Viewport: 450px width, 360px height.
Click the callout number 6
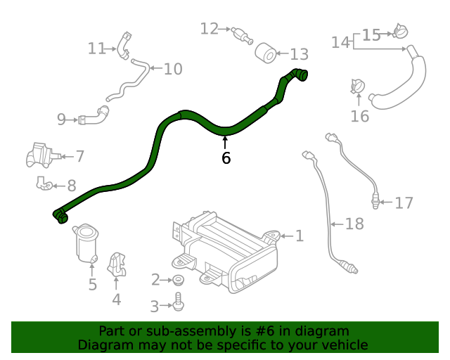(x=226, y=158)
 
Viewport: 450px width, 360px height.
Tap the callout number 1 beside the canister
(x=299, y=236)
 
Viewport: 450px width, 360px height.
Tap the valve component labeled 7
(x=39, y=154)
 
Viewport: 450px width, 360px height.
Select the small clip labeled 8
(x=44, y=184)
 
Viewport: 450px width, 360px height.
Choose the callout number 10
(x=173, y=69)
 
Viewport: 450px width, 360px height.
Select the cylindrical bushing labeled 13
(x=265, y=53)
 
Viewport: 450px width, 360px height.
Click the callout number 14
(x=340, y=42)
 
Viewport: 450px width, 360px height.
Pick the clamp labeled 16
(x=358, y=87)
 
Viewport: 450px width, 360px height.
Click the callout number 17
(x=404, y=203)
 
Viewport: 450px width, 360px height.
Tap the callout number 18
(x=354, y=224)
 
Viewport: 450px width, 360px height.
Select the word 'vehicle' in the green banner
(x=343, y=345)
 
